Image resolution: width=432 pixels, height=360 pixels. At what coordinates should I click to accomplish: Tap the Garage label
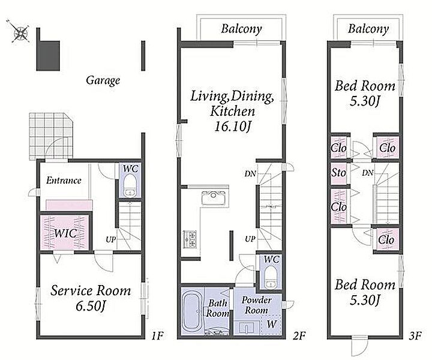click(103, 80)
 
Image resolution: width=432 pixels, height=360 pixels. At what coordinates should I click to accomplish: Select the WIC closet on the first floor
click(65, 233)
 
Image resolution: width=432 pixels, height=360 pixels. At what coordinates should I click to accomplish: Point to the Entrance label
click(64, 181)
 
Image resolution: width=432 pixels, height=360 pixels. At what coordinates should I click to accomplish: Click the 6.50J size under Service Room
click(91, 306)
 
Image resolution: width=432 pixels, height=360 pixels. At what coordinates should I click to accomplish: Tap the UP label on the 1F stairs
click(111, 239)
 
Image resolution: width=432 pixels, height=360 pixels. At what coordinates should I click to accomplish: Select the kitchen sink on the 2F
click(215, 197)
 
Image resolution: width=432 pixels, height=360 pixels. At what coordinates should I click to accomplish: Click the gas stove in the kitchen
click(190, 239)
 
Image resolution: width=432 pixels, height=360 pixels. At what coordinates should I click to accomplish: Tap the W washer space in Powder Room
click(271, 325)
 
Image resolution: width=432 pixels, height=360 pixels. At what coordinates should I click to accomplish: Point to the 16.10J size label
click(232, 127)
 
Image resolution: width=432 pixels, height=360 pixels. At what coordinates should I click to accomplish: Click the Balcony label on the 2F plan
click(241, 29)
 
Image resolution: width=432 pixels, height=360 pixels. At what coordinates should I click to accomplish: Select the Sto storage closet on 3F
click(338, 173)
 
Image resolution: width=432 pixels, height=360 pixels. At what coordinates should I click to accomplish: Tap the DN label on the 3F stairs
click(368, 173)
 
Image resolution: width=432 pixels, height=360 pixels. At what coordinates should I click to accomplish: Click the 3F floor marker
click(416, 336)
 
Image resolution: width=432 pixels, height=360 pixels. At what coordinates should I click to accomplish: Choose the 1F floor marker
click(157, 336)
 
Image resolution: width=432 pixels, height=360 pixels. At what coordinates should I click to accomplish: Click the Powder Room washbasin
click(247, 328)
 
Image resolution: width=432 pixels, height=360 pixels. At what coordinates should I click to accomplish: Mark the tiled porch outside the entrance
click(51, 136)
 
